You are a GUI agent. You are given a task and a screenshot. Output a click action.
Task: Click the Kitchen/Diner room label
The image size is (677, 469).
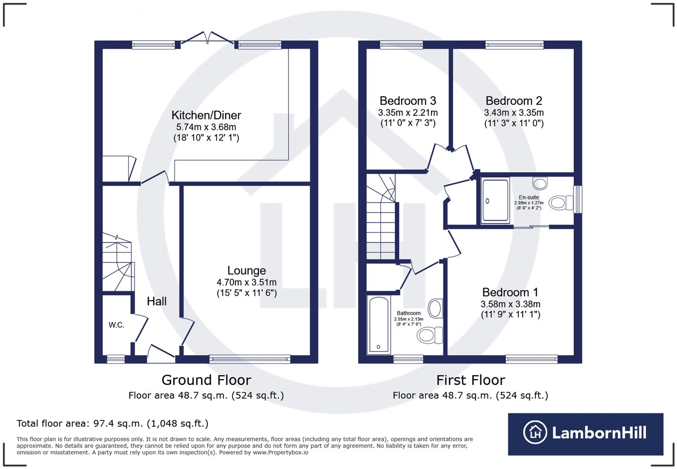[206, 115]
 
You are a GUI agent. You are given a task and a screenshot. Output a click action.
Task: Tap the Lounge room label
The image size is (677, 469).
[246, 270]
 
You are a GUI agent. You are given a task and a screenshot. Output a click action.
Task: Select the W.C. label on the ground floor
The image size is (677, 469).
[116, 325]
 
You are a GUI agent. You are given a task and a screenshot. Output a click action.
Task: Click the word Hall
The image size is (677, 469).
[157, 302]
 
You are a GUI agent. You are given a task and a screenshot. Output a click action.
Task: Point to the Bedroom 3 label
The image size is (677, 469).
[407, 101]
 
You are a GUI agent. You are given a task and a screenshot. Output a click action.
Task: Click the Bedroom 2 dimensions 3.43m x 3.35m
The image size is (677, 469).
[514, 113]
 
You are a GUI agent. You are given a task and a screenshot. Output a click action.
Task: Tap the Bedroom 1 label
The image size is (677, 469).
[510, 292]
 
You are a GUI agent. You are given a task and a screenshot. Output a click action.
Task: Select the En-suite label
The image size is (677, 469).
[529, 197]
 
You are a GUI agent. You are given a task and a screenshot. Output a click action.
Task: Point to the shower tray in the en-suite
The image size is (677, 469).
[495, 200]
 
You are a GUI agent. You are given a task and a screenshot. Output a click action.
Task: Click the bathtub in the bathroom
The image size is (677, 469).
[379, 324]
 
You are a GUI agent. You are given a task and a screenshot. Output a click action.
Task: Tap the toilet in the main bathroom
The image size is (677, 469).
[429, 335]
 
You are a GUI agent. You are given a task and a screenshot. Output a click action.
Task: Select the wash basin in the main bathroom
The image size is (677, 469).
[435, 308]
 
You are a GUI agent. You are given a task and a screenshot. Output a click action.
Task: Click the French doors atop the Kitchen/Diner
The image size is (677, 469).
[207, 39]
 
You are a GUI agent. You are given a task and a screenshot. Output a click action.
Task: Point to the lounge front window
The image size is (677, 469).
[250, 358]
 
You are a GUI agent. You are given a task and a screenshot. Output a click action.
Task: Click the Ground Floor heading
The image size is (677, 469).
[206, 380]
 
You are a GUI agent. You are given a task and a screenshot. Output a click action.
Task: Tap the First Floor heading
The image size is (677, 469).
[471, 380]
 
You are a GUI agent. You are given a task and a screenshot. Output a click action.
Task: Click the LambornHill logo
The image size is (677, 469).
[585, 433]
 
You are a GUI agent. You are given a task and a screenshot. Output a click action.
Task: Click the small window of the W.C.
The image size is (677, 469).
[116, 358]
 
